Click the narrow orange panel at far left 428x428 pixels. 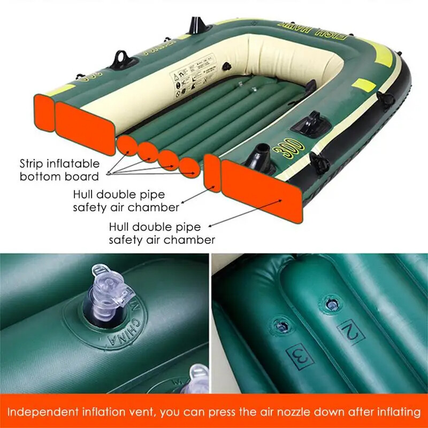click(x=43, y=113)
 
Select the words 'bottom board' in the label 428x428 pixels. click(x=59, y=177)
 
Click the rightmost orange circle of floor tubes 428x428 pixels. click(x=188, y=168)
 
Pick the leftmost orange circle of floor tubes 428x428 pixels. click(x=126, y=145)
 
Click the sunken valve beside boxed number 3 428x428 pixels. click(x=277, y=325)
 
